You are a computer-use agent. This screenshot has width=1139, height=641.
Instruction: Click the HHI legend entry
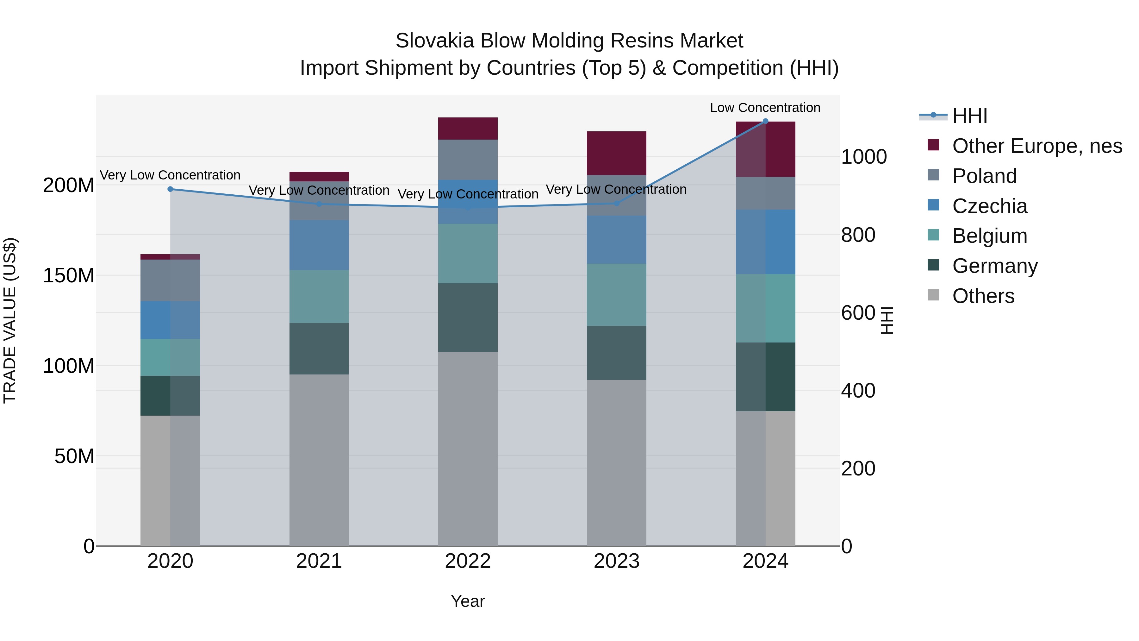tap(969, 116)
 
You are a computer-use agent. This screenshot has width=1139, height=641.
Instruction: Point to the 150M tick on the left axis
tap(69, 276)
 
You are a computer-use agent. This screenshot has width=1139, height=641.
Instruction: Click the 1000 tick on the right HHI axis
tap(863, 157)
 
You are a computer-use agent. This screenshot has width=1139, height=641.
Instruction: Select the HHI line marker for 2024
tap(765, 121)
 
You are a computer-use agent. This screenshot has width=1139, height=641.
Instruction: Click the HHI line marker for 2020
tap(170, 189)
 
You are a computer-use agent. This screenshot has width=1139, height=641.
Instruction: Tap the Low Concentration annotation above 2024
tap(765, 108)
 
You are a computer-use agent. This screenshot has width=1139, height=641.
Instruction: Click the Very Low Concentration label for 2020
tap(170, 175)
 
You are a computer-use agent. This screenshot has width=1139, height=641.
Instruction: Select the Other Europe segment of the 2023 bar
tap(616, 153)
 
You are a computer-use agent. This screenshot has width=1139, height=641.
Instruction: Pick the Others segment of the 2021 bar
tap(319, 460)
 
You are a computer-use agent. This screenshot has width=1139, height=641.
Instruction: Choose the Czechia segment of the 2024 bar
tap(765, 242)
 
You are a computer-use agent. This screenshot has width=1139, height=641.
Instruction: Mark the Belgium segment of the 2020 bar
tap(170, 357)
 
